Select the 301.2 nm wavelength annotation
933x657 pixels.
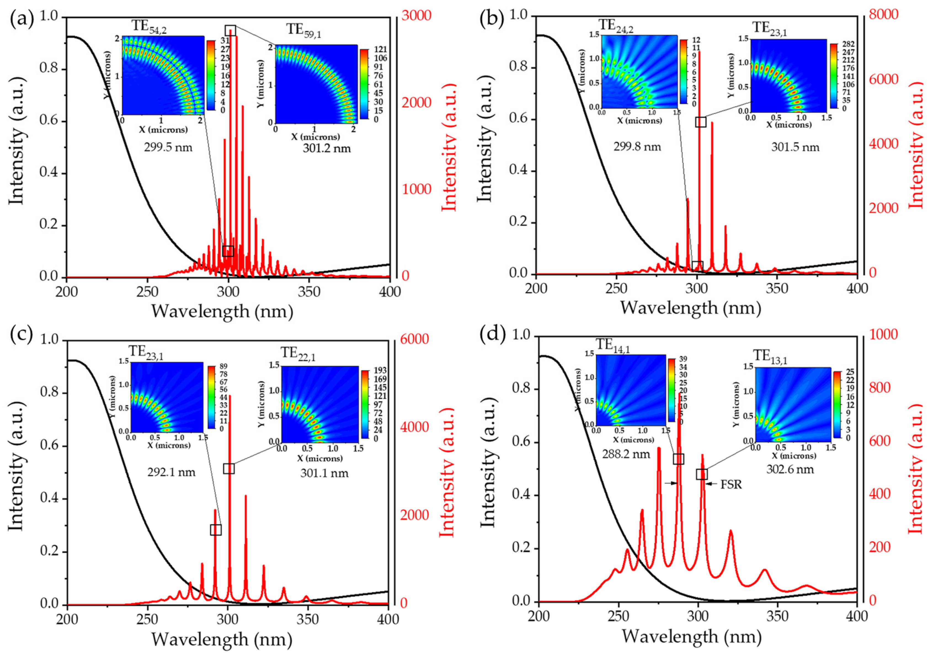coord(326,148)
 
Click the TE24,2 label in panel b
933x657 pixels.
coord(616,26)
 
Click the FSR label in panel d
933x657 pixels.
coord(731,484)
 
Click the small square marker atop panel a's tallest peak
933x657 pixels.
coord(230,30)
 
